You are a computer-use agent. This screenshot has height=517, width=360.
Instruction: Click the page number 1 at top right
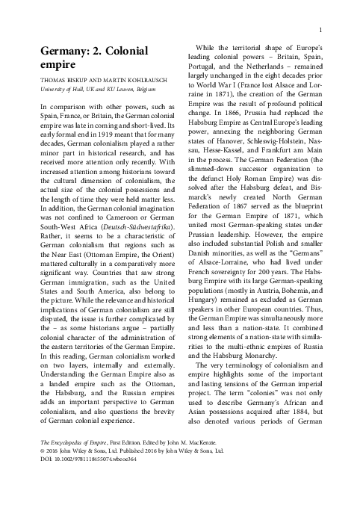[320, 30]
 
